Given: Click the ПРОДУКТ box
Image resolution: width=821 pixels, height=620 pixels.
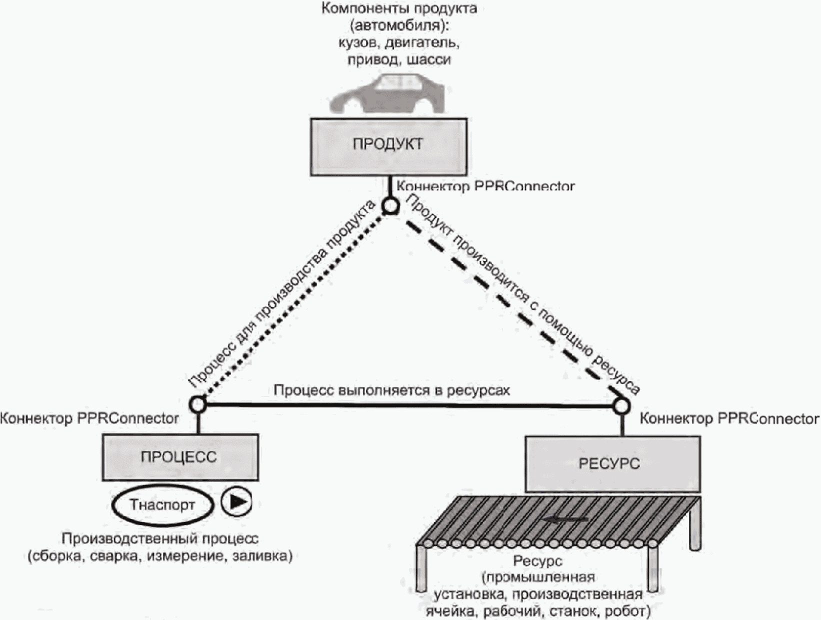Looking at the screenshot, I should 388,146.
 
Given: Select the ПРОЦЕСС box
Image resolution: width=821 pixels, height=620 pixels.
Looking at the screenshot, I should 180,457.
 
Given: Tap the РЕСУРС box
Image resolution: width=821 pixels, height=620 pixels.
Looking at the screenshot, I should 612,463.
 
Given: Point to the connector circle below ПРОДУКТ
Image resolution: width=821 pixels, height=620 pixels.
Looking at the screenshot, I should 390,205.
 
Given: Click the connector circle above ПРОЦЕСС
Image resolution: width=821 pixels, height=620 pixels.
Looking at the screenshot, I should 198,404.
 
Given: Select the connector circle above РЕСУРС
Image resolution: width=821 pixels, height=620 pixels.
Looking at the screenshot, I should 621,406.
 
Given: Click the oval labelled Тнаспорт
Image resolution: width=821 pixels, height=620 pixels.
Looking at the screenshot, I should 162,505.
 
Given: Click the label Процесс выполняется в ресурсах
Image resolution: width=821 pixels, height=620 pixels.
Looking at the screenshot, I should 391,390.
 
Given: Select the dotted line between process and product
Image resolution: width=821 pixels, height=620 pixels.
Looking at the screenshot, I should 295,305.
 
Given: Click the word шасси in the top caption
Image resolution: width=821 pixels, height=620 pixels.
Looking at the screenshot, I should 428,59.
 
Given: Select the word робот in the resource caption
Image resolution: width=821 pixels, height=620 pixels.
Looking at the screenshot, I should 627,611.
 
